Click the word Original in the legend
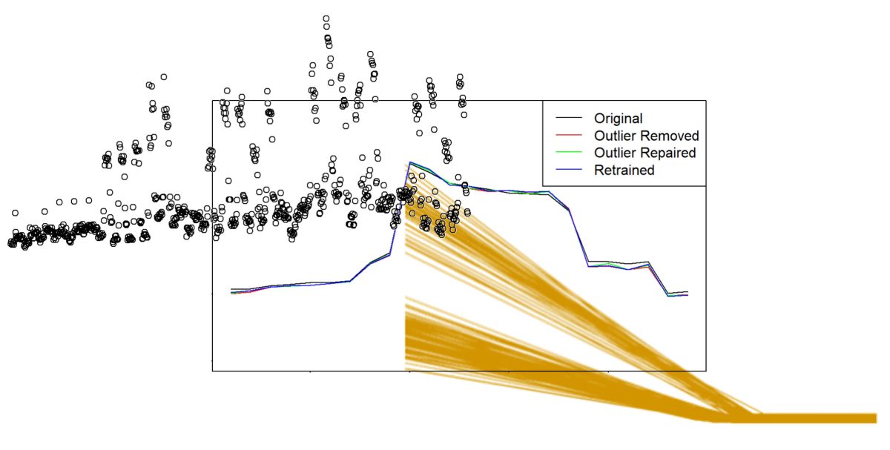click(x=618, y=118)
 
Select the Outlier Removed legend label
click(x=646, y=136)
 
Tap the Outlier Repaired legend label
click(x=645, y=153)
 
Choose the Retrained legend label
click(x=624, y=170)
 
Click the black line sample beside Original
click(x=568, y=119)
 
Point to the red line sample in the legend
click(x=568, y=136)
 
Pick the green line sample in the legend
click(x=568, y=153)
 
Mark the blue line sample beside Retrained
click(x=568, y=170)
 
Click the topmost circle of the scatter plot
click(x=326, y=19)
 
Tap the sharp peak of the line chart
click(x=409, y=162)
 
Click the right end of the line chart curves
click(x=688, y=294)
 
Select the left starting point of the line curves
click(x=232, y=291)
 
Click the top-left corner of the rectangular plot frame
click(x=213, y=100)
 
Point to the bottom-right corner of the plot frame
click(x=705, y=371)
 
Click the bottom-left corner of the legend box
click(x=544, y=185)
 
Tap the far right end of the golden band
click(x=876, y=418)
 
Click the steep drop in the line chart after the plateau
click(x=578, y=237)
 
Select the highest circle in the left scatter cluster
click(x=163, y=76)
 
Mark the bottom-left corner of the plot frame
click(x=213, y=371)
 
